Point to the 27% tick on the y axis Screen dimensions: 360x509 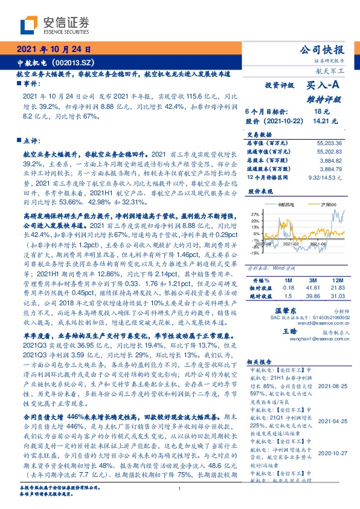(x=255, y=213)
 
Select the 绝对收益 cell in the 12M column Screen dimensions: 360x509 (x=337, y=296)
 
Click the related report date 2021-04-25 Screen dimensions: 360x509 (x=333, y=420)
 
